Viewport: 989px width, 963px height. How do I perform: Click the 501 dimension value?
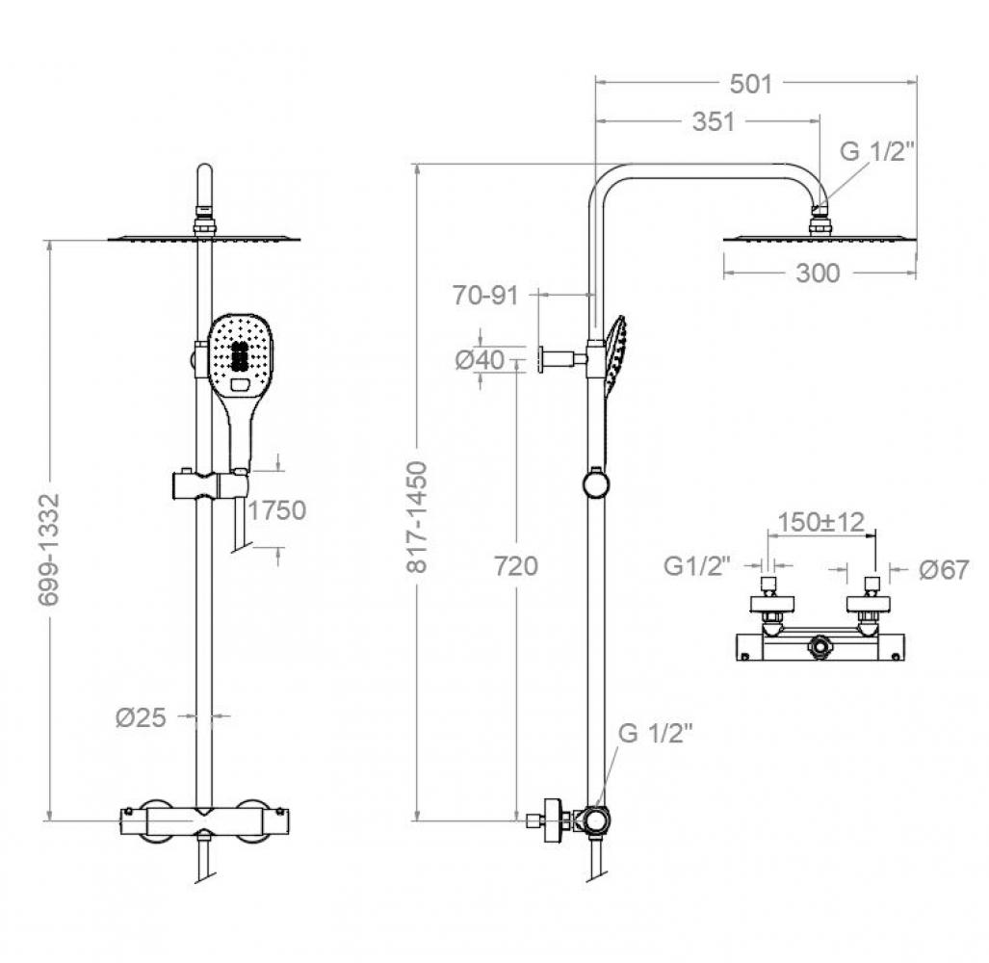[x=751, y=84]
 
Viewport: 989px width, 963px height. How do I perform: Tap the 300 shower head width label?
[x=818, y=273]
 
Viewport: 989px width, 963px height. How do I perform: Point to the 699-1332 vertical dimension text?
[x=49, y=549]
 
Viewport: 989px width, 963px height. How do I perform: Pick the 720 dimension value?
[x=515, y=566]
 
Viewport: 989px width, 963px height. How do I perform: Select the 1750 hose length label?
[x=277, y=509]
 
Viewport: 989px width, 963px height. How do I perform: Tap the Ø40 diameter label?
[x=478, y=359]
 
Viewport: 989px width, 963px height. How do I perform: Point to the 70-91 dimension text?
[x=485, y=296]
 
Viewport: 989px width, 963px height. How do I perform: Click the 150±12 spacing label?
[x=821, y=521]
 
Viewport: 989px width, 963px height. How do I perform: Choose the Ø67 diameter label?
[x=944, y=569]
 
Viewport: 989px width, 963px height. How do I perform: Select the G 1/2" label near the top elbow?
[x=876, y=151]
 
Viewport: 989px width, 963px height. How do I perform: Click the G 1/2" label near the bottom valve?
[x=656, y=733]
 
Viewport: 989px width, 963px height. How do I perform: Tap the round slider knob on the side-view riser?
[x=595, y=481]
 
